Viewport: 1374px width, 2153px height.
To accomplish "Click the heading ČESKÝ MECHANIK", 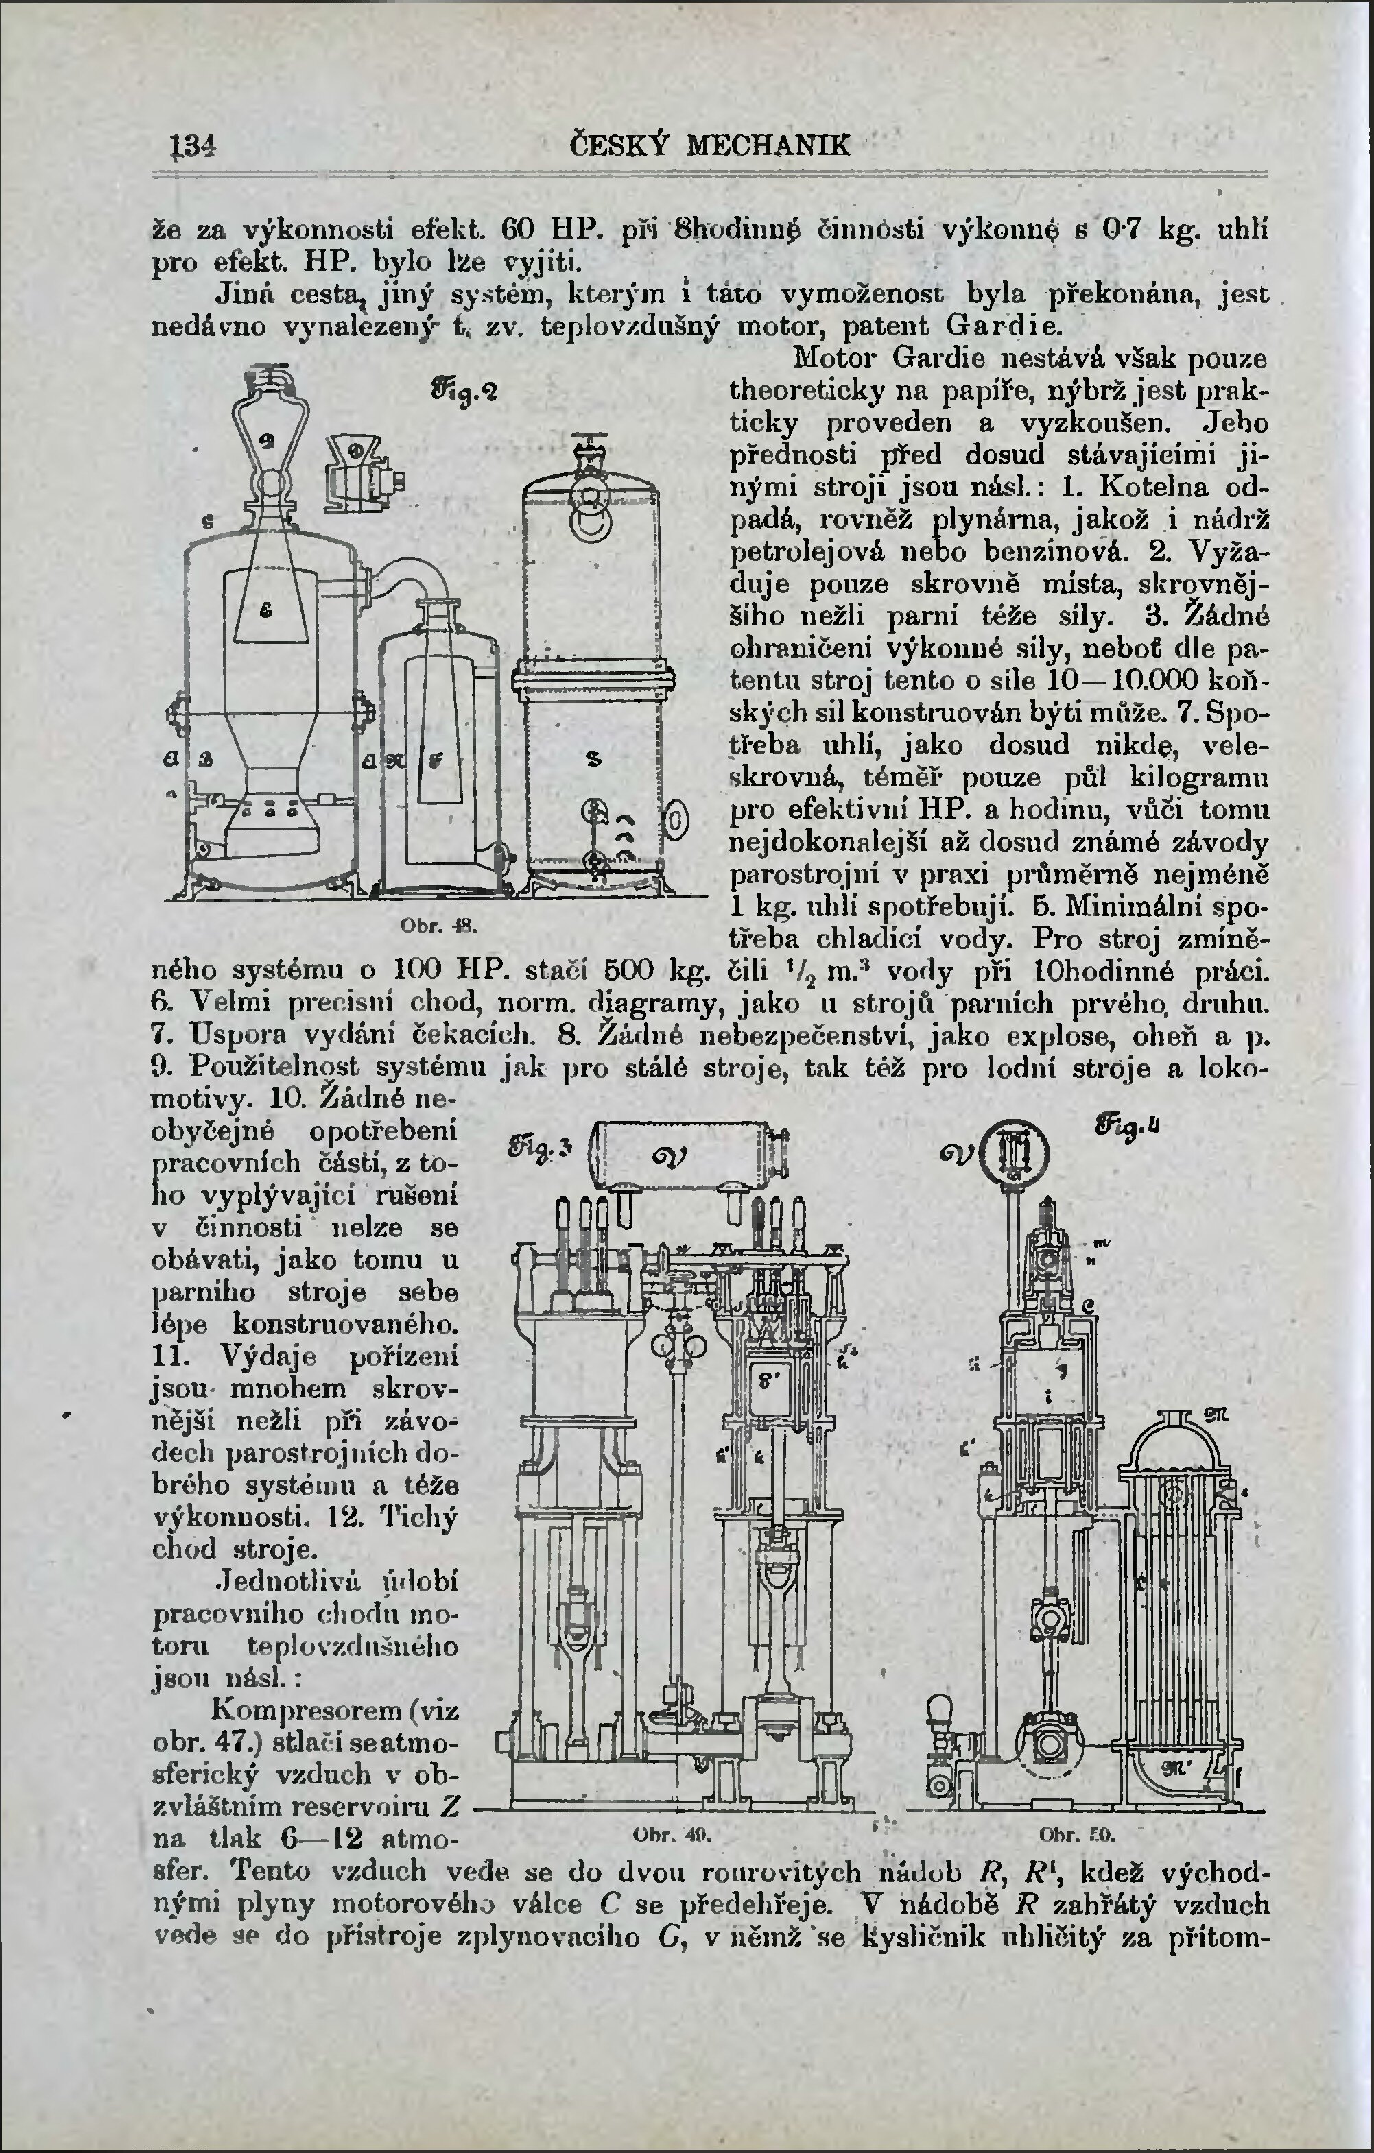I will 710,145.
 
